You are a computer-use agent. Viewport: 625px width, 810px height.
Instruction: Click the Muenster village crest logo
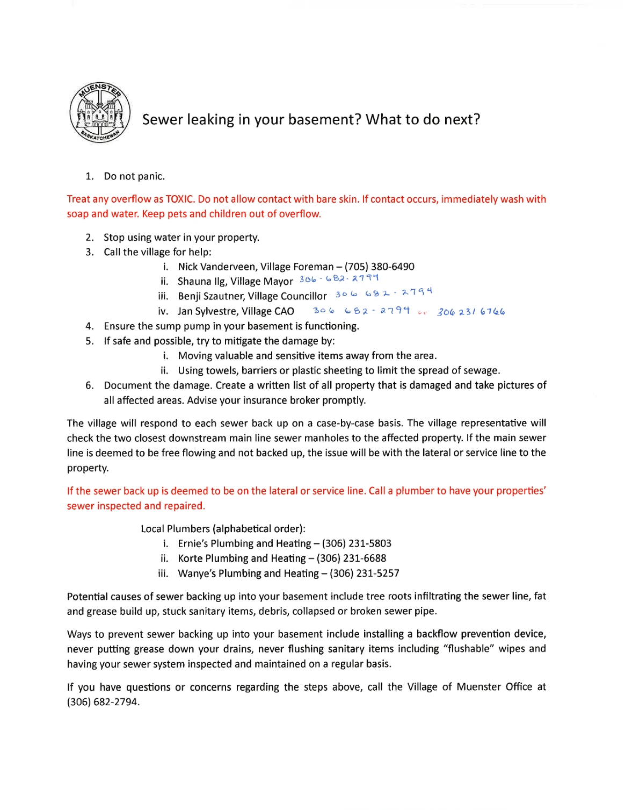(x=100, y=113)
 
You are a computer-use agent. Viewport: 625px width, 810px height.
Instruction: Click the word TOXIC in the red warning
(x=180, y=199)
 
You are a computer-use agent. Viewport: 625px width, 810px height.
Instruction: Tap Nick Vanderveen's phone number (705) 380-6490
(x=379, y=267)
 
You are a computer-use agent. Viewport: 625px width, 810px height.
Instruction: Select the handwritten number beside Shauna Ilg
(x=339, y=278)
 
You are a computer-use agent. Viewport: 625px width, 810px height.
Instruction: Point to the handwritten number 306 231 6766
(x=470, y=312)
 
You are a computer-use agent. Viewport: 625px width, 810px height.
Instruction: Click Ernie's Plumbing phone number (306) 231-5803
(x=357, y=543)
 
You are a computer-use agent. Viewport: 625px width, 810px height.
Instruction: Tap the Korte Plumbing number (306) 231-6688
(x=351, y=558)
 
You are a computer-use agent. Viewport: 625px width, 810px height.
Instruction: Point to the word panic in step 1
(x=151, y=176)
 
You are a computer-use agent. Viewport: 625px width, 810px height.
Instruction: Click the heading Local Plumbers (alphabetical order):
(x=223, y=529)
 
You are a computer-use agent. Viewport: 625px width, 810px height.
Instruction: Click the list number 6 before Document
(x=90, y=385)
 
